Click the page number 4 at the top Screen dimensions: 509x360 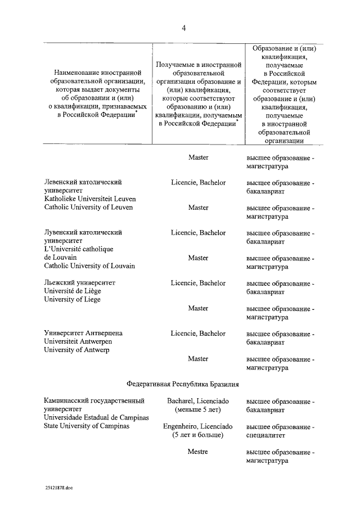coord(183,29)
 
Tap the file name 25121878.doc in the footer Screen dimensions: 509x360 coord(60,488)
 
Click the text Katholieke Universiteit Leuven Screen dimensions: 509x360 coord(89,199)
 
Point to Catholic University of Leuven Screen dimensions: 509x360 coord(88,207)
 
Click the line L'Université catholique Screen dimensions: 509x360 coord(79,249)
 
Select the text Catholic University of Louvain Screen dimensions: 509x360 coord(89,265)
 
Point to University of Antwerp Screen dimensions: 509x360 coord(77,350)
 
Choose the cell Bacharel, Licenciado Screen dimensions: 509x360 coord(198,401)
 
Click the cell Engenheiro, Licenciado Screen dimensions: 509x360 coord(198,426)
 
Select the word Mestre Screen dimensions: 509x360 coord(198,452)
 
